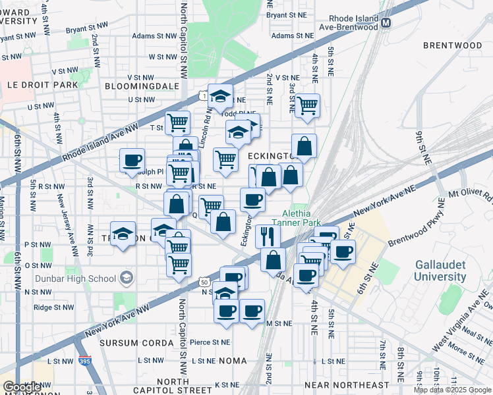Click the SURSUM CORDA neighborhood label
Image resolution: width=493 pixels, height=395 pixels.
pyautogui.click(x=128, y=343)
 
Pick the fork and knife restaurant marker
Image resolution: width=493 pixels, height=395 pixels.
pyautogui.click(x=268, y=235)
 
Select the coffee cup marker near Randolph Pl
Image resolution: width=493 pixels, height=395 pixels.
pyautogui.click(x=132, y=159)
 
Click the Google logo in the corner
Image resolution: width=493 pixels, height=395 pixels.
pyautogui.click(x=22, y=387)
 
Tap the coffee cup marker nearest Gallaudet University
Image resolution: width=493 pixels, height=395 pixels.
pyautogui.click(x=343, y=251)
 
